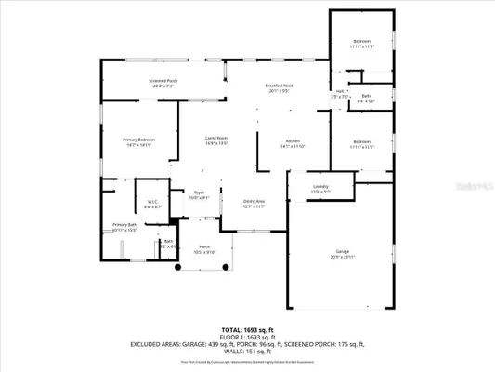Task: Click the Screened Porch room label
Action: coord(163,82)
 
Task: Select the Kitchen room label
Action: coord(293,141)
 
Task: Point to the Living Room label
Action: coord(216,139)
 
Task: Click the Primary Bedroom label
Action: coord(139,139)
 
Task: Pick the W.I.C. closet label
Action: coord(153,200)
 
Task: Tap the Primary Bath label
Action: coord(124,225)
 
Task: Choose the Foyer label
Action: coord(199,193)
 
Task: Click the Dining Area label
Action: coord(254,201)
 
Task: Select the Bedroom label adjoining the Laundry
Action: coord(361,141)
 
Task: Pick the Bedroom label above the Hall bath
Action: coord(361,41)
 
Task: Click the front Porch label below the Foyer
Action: coord(204,247)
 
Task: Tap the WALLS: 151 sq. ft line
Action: coord(247,352)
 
